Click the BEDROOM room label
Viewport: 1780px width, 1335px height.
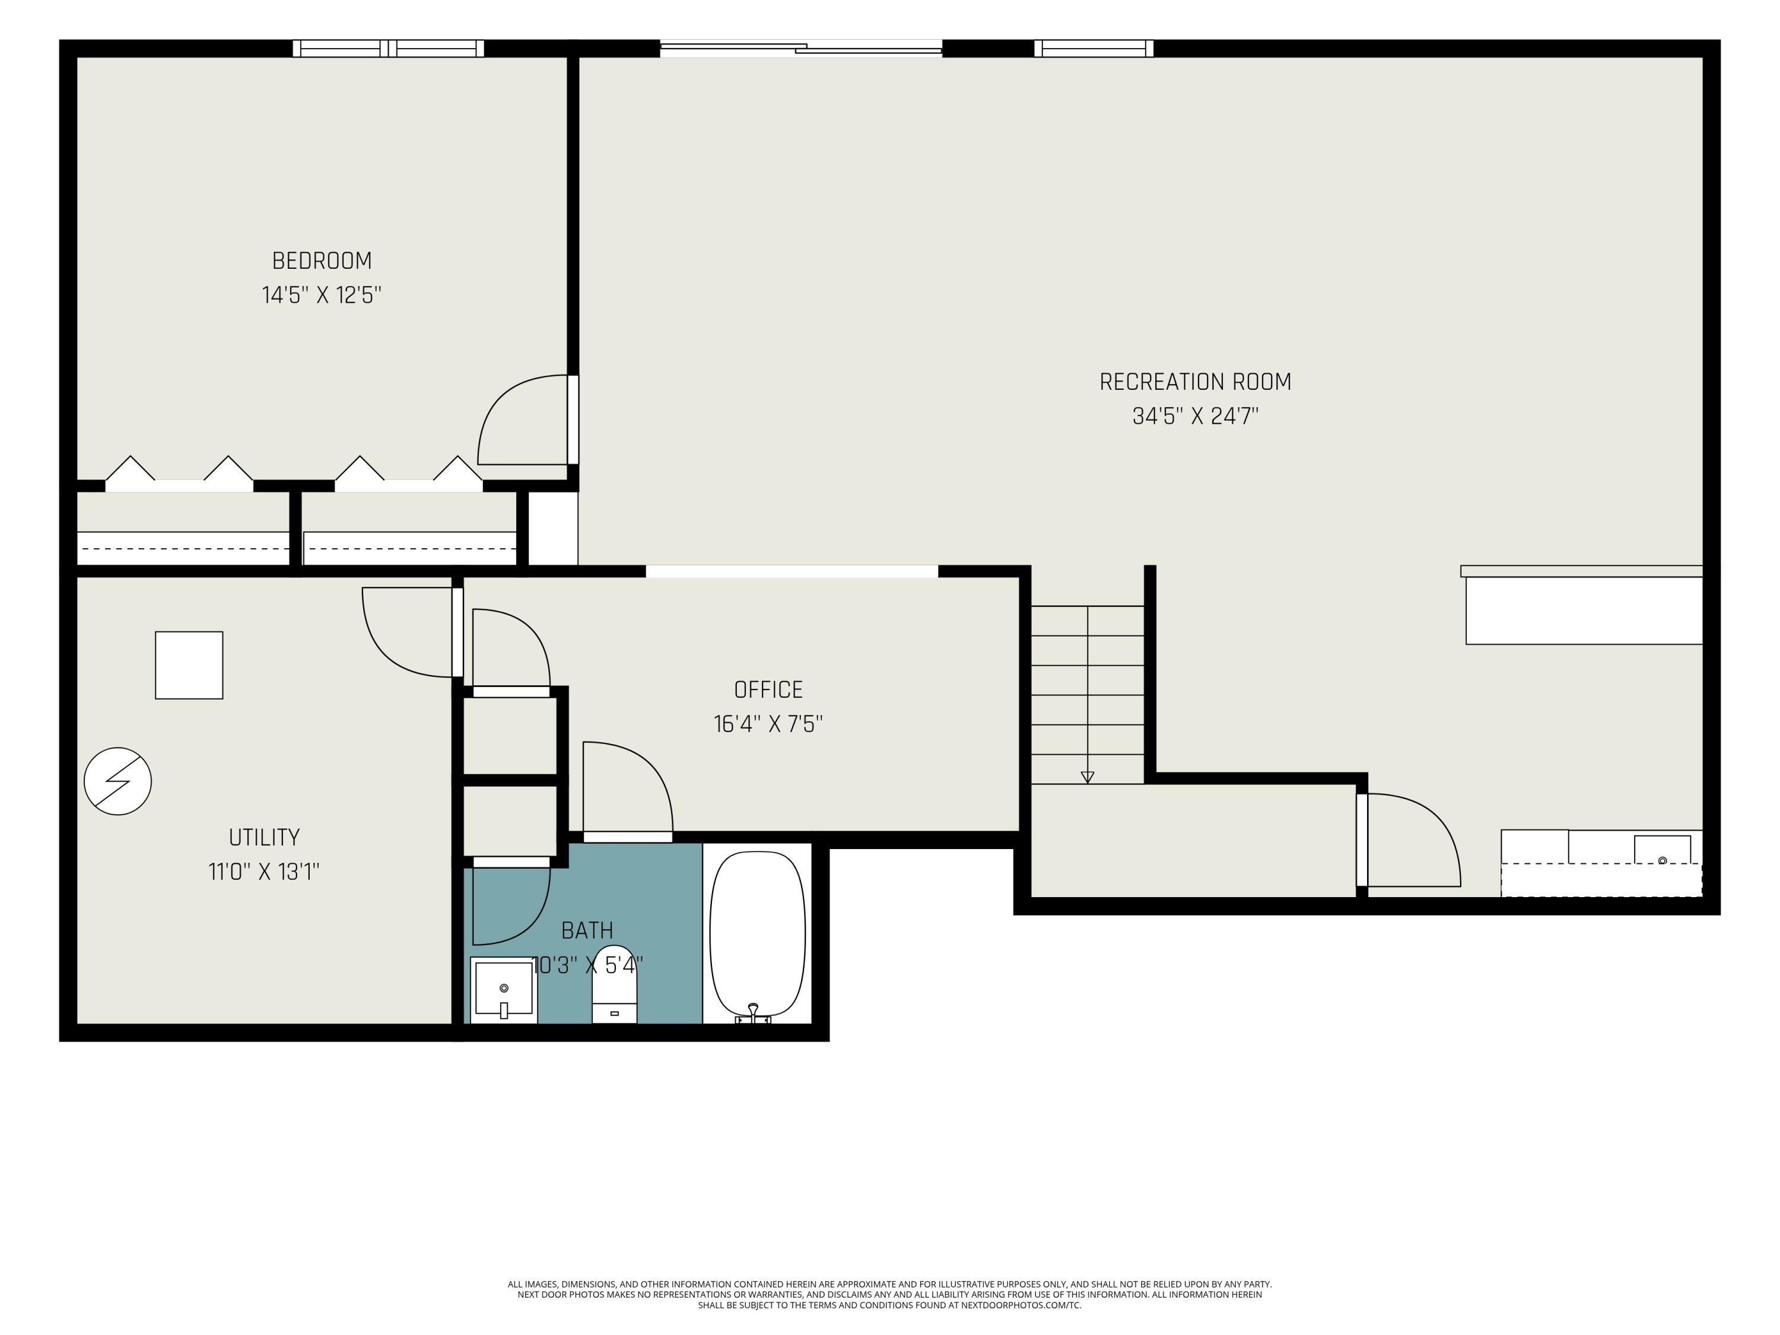coord(322,260)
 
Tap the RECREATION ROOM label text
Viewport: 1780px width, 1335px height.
coord(1195,382)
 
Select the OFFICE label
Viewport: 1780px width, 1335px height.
coord(768,689)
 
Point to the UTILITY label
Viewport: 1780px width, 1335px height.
coord(264,838)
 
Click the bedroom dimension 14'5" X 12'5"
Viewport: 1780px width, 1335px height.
coord(322,295)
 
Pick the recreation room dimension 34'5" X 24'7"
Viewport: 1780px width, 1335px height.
coord(1195,416)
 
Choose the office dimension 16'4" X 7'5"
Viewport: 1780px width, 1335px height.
coord(768,724)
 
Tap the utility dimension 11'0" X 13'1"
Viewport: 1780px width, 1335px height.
coord(264,872)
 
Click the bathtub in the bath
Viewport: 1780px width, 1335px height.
coord(757,936)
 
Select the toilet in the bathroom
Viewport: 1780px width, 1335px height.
coord(615,986)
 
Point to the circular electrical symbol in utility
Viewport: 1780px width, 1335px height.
coord(117,781)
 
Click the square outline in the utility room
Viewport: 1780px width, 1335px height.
coord(189,666)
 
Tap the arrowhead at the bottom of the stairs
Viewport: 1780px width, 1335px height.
coord(1087,777)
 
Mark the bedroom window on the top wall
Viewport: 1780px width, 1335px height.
coord(389,48)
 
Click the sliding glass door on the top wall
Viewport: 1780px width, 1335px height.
coord(800,48)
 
